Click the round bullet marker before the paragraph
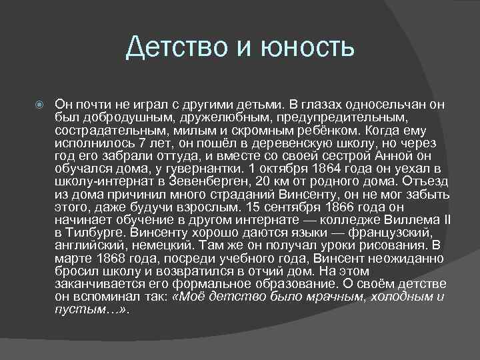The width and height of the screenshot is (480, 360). pyautogui.click(x=40, y=105)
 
